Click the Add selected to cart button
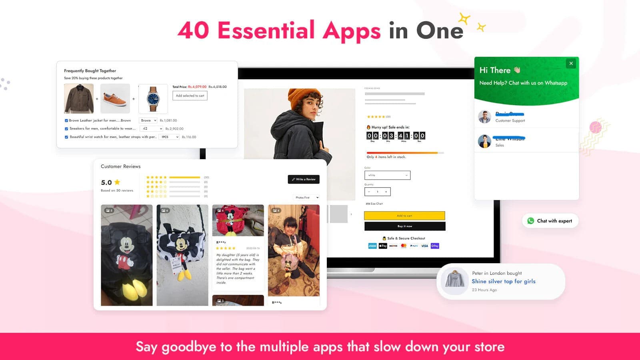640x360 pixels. pos(190,96)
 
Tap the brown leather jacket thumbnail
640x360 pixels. pos(79,98)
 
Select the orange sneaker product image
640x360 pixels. pos(115,98)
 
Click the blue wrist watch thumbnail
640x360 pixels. pos(153,98)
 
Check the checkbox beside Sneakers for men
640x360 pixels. pos(66,129)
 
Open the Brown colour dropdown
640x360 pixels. pos(148,120)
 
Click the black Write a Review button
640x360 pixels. pos(304,179)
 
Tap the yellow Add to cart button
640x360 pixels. pos(404,216)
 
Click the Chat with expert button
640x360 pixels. pos(550,221)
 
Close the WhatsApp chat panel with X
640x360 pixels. pos(571,63)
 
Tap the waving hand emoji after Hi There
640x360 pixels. pos(517,70)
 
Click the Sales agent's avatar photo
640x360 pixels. pos(484,141)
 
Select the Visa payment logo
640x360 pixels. pos(424,246)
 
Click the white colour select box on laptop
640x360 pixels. pos(387,175)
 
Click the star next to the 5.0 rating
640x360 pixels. pos(117,182)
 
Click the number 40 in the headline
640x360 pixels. pos(193,30)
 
